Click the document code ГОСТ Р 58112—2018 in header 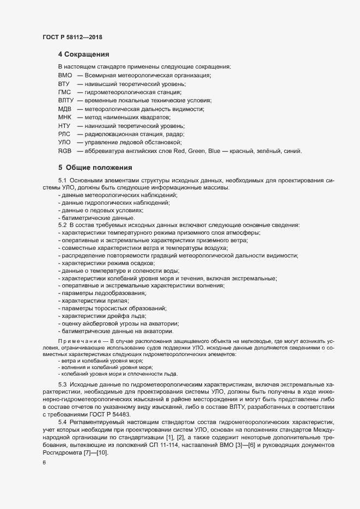72,37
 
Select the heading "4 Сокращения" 84,54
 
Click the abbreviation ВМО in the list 65,76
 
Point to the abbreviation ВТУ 64,84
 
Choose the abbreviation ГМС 65,92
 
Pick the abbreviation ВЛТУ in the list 66,101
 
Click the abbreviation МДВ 65,109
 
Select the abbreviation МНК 65,117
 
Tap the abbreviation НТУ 64,126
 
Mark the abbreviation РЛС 64,134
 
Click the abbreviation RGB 65,151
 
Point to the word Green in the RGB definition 198,151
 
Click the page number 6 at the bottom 44,463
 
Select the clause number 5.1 62,180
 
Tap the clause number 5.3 62,385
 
